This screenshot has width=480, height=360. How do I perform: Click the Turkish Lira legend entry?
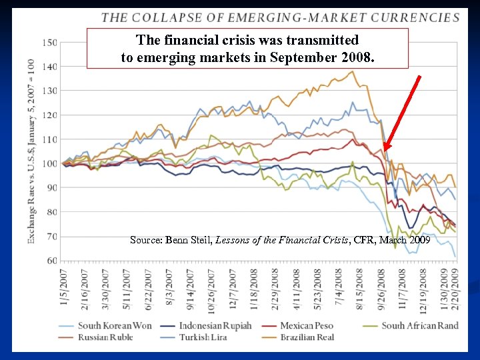coord(202,337)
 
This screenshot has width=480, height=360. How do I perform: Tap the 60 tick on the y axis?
coord(51,261)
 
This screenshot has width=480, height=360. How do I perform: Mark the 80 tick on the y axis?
coord(51,212)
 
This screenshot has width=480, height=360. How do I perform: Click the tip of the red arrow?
coord(385,149)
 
